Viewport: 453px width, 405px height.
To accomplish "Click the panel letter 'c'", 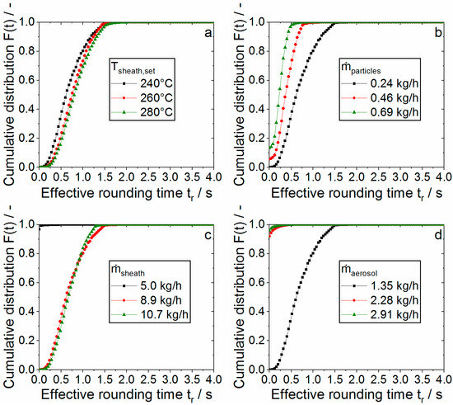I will (x=208, y=237).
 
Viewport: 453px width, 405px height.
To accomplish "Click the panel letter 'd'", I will (x=439, y=237).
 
